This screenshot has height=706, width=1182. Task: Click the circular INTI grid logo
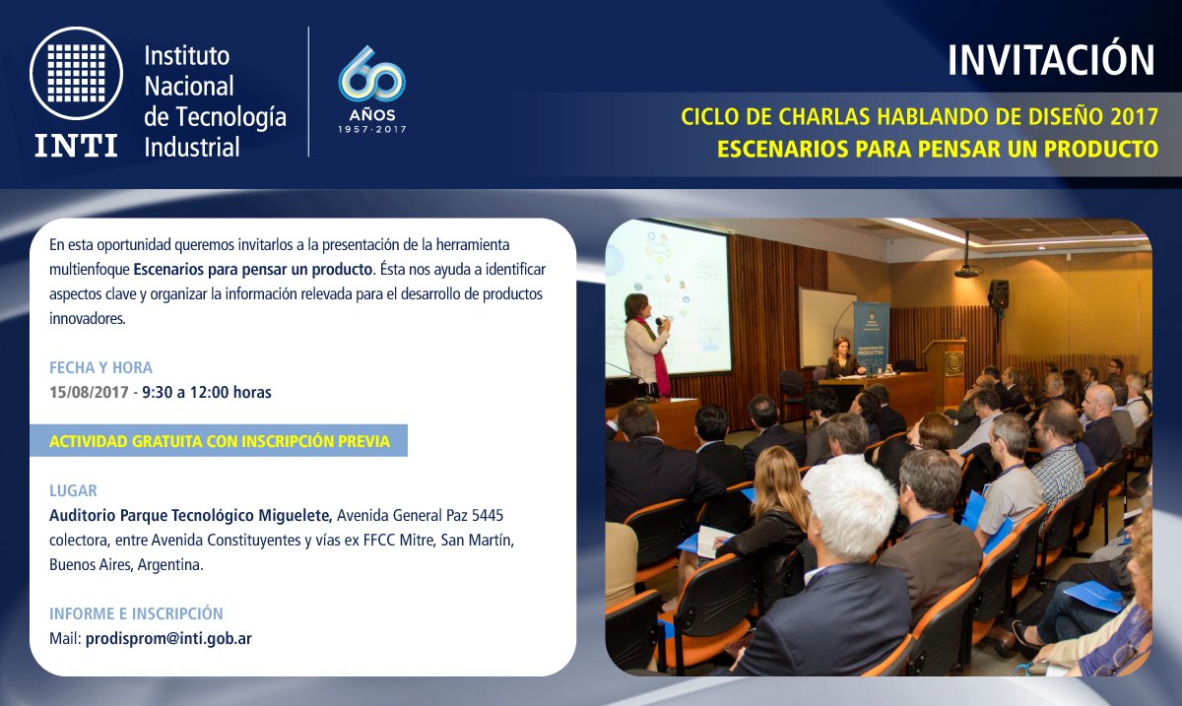pos(76,73)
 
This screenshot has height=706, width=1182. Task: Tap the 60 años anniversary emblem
pos(372,90)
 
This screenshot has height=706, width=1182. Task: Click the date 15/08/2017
pos(89,393)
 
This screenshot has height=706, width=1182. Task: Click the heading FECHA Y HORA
pos(100,368)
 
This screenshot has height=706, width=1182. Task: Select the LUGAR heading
pos(73,490)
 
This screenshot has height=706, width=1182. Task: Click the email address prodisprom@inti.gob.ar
pos(168,638)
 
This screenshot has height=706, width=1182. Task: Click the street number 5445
pos(487,515)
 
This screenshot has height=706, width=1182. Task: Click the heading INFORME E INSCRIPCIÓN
pos(136,613)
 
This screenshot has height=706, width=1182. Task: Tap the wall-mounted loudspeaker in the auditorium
pos(999,293)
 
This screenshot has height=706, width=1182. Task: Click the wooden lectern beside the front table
pos(947,372)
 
